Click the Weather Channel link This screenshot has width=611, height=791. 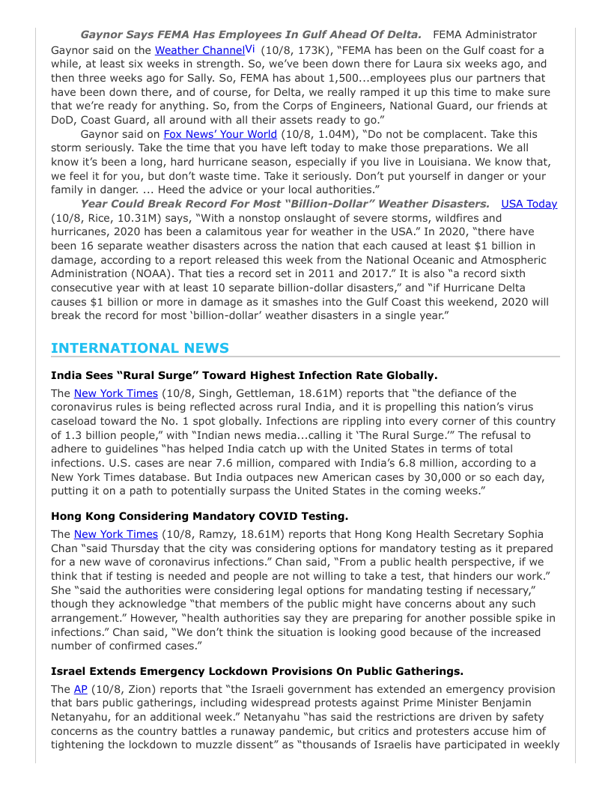(199, 50)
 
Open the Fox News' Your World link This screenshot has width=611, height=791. (220, 134)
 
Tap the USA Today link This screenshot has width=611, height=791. (529, 204)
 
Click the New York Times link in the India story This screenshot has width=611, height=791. (116, 393)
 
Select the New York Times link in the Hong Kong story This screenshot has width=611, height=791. (116, 534)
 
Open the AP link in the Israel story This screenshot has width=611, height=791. (81, 689)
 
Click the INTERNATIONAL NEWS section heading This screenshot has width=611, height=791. (140, 348)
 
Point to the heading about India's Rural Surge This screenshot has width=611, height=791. (244, 375)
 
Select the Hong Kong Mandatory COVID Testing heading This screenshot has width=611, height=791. (199, 516)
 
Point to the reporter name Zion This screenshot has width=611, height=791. (138, 690)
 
